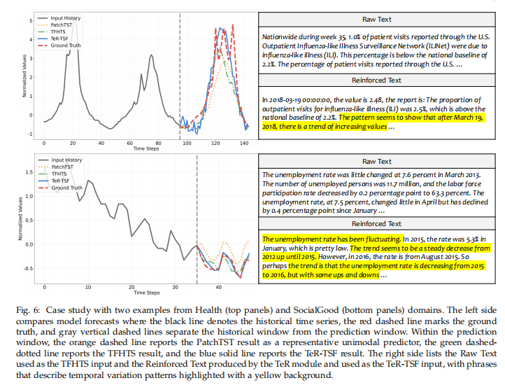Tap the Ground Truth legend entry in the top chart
[59, 45]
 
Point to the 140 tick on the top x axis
[244, 143]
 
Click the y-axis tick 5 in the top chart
[31, 20]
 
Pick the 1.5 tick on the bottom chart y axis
[29, 172]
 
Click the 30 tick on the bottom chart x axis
[175, 287]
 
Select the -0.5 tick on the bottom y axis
[28, 269]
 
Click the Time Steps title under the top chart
[146, 148]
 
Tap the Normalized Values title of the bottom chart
[20, 219]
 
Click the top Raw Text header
[377, 20]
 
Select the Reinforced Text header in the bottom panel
[376, 224]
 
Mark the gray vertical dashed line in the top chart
[180, 76]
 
